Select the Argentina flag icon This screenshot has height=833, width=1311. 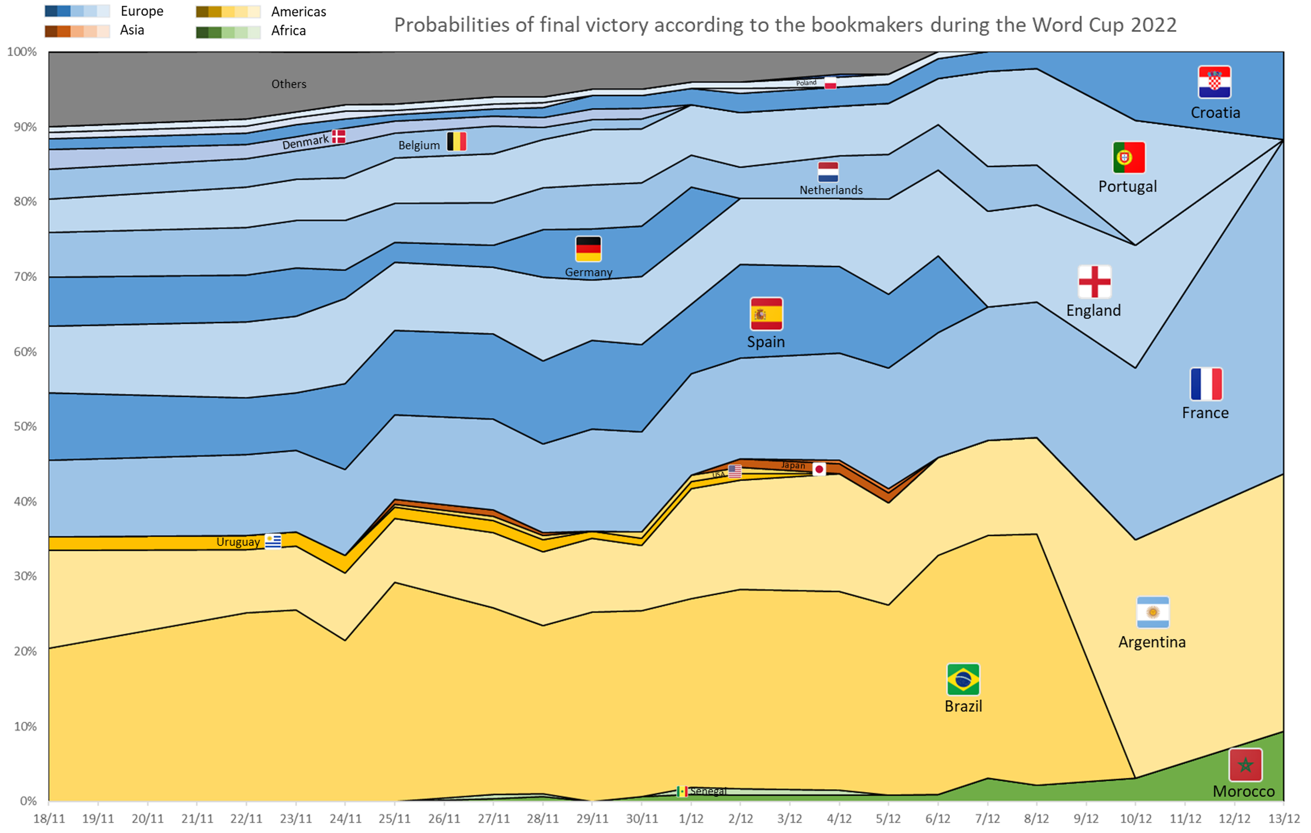(1152, 611)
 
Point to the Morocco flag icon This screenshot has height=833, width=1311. (1245, 764)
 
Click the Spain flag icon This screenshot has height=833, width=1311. (766, 313)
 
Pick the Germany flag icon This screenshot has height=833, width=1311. (588, 249)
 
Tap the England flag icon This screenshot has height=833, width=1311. (1094, 282)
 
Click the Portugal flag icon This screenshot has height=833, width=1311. (1128, 157)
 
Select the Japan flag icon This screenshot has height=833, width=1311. (818, 469)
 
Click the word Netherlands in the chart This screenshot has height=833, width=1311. (830, 190)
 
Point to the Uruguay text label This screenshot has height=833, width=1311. (238, 542)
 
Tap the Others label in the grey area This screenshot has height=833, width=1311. (289, 84)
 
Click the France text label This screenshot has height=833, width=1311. (1205, 413)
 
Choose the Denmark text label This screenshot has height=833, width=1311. (305, 142)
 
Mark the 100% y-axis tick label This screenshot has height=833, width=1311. (22, 52)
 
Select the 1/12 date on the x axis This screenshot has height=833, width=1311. (690, 818)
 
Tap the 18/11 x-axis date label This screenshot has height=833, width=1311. (49, 818)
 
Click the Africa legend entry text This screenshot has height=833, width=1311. (288, 31)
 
